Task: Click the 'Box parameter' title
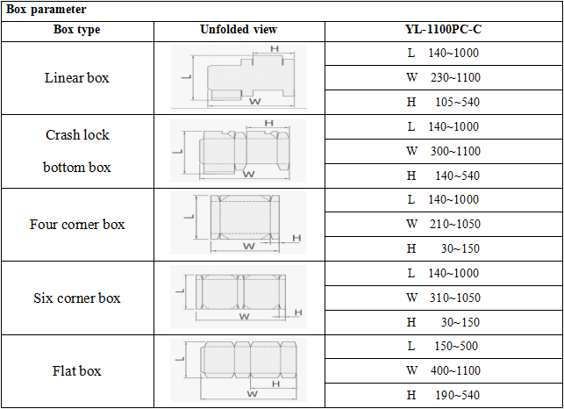[x=46, y=10]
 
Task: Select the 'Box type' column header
[x=76, y=30]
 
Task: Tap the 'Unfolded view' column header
[x=239, y=29]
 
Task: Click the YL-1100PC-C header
[x=443, y=29]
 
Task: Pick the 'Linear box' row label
[x=76, y=78]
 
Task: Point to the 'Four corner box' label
[x=77, y=225]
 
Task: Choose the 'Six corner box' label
[x=77, y=298]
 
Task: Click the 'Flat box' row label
[x=76, y=371]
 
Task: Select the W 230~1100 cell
[x=443, y=77]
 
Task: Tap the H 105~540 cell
[x=443, y=102]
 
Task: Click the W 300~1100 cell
[x=443, y=151]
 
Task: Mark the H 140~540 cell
[x=443, y=176]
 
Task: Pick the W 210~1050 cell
[x=443, y=225]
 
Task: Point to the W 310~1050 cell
[x=443, y=298]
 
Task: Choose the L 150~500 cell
[x=443, y=346]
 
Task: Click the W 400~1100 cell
[x=443, y=370]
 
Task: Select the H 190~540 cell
[x=443, y=395]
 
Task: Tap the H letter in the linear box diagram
[x=275, y=48]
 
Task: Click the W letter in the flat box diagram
[x=252, y=393]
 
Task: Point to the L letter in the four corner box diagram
[x=189, y=217]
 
